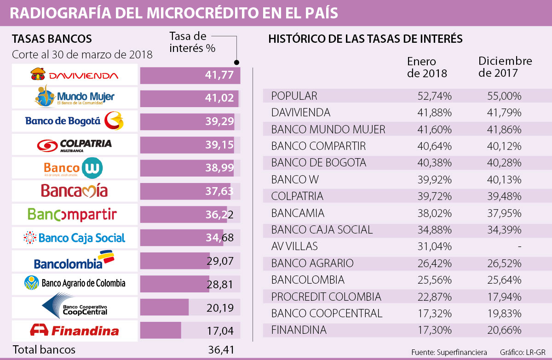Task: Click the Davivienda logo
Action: [75, 74]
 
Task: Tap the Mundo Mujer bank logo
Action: [75, 97]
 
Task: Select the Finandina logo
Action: [75, 330]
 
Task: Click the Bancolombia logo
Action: [75, 260]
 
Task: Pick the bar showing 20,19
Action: [164, 307]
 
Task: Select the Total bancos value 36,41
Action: [221, 350]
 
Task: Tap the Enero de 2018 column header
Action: [427, 67]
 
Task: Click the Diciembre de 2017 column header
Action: [505, 67]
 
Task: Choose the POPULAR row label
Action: [294, 96]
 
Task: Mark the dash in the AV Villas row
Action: [519, 246]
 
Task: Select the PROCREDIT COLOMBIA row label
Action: [326, 297]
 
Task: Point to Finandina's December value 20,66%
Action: [504, 330]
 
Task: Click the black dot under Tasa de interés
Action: [236, 63]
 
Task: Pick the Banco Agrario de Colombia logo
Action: [75, 283]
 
